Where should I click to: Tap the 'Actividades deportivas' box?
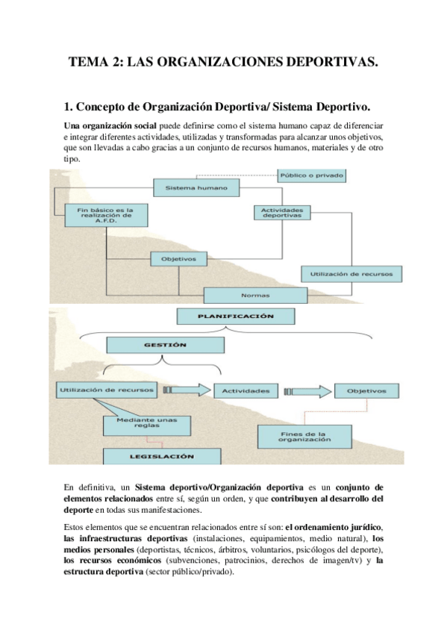[281, 213]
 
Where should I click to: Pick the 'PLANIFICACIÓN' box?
[235, 316]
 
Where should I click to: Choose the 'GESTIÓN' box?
[165, 346]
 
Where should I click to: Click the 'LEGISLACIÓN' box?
[160, 455]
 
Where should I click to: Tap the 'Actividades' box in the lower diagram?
[246, 390]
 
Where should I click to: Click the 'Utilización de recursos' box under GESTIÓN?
[105, 390]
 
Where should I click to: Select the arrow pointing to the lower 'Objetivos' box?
[308, 390]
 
